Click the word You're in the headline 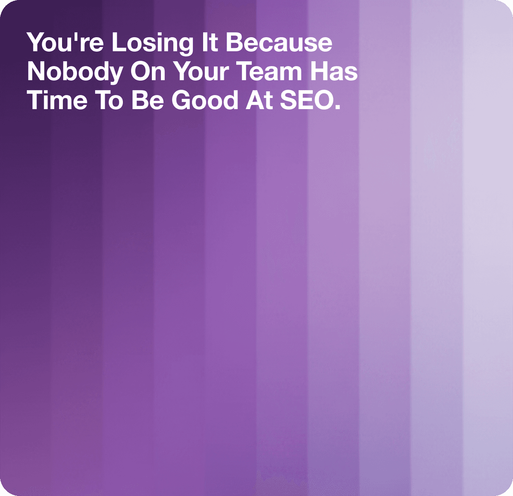point(65,42)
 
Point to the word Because point(279,42)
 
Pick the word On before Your point(148,71)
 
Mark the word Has point(334,71)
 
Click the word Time point(57,100)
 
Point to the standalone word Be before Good point(148,100)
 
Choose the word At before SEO point(259,100)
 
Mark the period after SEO point(337,107)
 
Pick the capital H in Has point(319,71)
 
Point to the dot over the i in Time point(46,93)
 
